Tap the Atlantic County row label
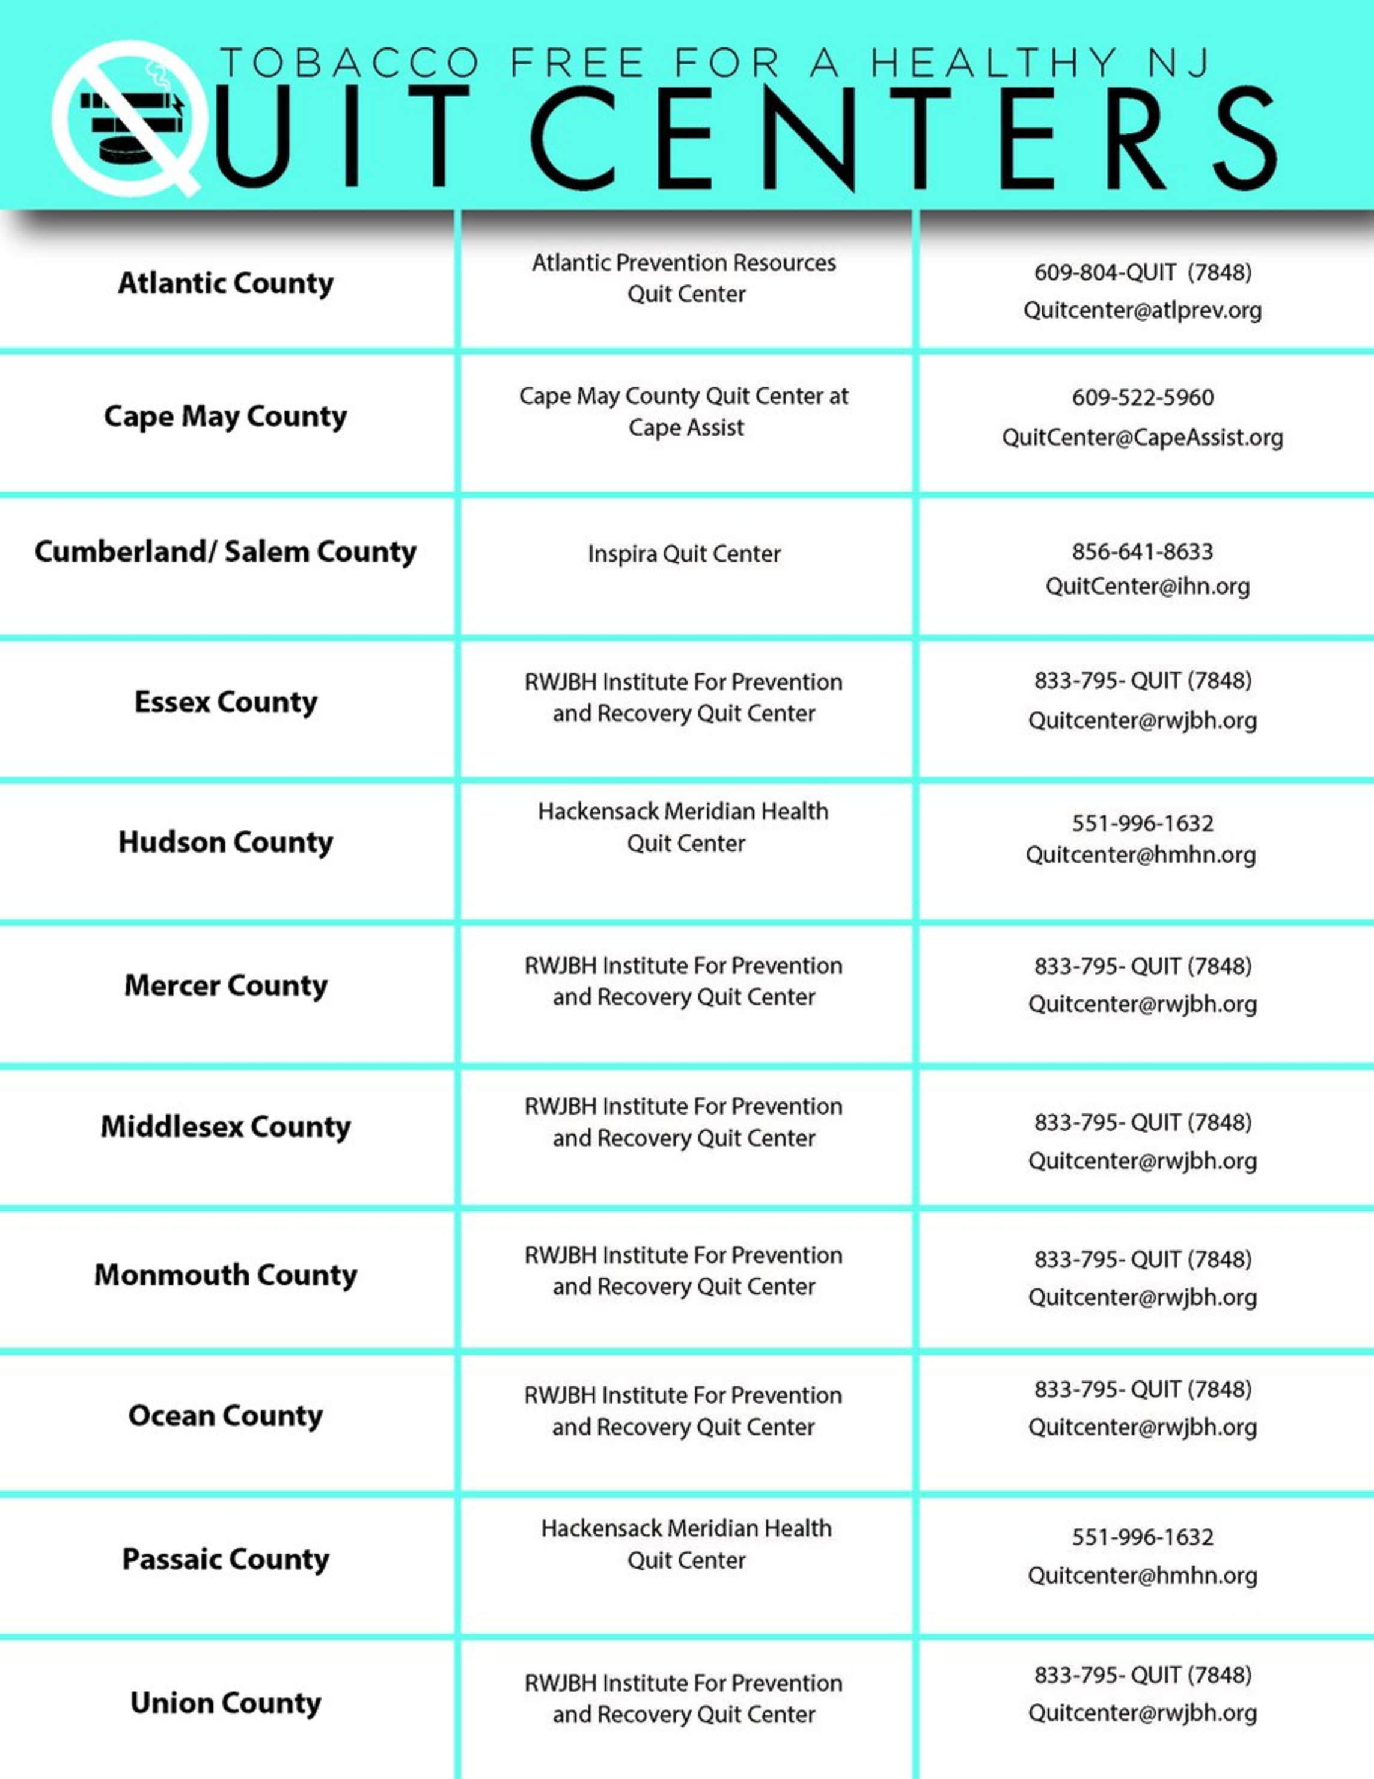click(x=225, y=283)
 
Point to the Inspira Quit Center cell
click(x=684, y=554)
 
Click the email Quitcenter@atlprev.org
click(x=1143, y=310)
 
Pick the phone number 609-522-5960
click(x=1143, y=397)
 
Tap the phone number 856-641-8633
click(x=1143, y=551)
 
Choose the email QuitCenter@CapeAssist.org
click(x=1143, y=438)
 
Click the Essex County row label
click(x=225, y=702)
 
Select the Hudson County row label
click(x=225, y=842)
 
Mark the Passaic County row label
click(x=225, y=1559)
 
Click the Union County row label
click(x=225, y=1703)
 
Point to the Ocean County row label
click(x=225, y=1416)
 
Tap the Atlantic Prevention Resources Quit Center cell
click(x=684, y=278)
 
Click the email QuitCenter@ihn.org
click(x=1147, y=586)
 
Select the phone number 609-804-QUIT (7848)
click(x=1143, y=272)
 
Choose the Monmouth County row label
click(x=225, y=1275)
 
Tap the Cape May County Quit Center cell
click(x=684, y=411)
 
